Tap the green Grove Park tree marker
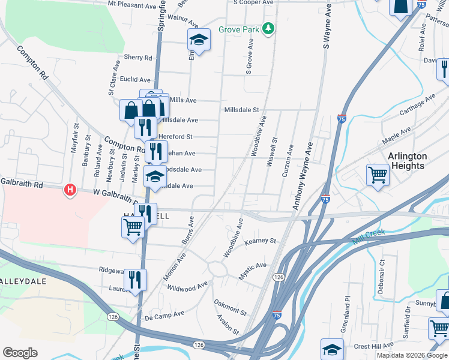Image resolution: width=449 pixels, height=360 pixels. pyautogui.click(x=270, y=28)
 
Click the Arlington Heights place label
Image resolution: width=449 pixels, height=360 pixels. pyautogui.click(x=407, y=161)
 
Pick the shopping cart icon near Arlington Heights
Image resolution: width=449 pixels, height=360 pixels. pyautogui.click(x=378, y=175)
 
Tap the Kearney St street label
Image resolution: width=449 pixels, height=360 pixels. pyautogui.click(x=259, y=241)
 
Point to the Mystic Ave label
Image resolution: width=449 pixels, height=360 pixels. pyautogui.click(x=252, y=265)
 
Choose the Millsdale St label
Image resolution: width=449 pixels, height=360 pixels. pyautogui.click(x=241, y=110)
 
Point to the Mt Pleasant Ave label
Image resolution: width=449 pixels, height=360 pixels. pyautogui.click(x=131, y=5)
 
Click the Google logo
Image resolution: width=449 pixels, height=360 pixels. pyautogui.click(x=20, y=353)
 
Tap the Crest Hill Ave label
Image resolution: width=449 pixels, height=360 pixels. pyautogui.click(x=375, y=346)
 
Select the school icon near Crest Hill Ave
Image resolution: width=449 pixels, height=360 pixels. pyautogui.click(x=332, y=348)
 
